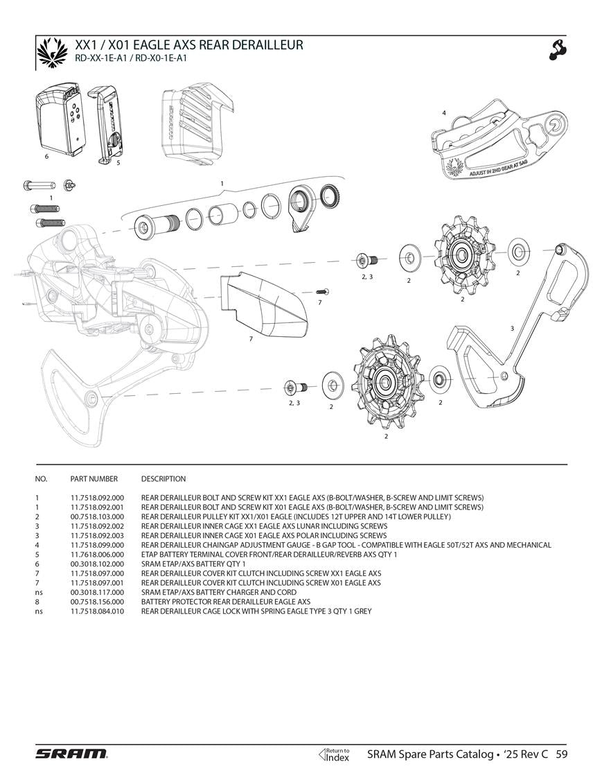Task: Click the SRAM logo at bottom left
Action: click(71, 754)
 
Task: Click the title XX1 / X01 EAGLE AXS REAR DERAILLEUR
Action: click(188, 45)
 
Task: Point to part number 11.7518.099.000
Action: click(97, 545)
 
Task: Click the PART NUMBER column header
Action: click(94, 479)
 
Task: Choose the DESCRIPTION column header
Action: click(163, 479)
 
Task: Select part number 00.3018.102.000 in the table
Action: click(97, 564)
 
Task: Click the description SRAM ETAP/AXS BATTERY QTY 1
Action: click(193, 564)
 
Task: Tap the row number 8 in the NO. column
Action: click(37, 602)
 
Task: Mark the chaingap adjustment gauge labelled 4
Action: click(499, 142)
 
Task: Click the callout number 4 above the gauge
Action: click(443, 112)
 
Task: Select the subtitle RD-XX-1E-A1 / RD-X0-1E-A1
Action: click(131, 58)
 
